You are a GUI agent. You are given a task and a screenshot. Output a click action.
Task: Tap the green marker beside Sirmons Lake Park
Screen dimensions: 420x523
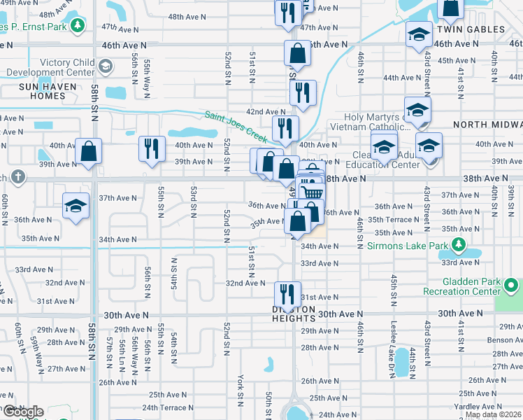point(459,245)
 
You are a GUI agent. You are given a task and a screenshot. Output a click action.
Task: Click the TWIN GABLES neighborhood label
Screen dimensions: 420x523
point(470,29)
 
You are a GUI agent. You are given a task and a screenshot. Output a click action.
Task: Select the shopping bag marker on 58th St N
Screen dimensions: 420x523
point(89,151)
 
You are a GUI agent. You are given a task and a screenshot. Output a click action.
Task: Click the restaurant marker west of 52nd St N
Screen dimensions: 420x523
point(151,148)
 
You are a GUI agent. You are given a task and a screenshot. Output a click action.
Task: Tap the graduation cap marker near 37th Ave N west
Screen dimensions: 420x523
point(76,206)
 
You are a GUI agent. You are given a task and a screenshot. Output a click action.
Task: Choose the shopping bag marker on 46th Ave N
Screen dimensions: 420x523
point(297,52)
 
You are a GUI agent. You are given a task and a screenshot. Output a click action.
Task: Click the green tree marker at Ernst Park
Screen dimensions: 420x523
point(78,27)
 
